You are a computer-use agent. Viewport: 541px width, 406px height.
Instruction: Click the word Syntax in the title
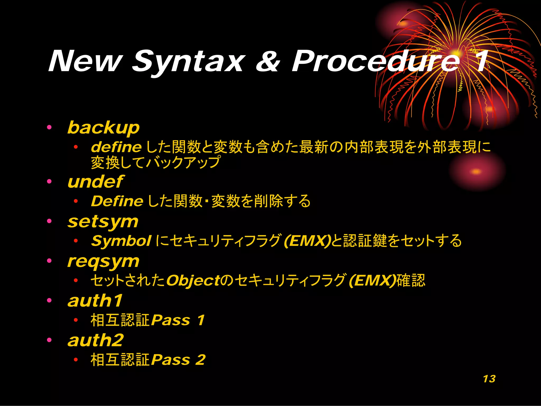(189, 61)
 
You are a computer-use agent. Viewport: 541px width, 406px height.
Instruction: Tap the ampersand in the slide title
(267, 61)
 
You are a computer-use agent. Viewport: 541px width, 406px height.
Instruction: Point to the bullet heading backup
(103, 128)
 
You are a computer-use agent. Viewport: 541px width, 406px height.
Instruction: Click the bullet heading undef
(95, 182)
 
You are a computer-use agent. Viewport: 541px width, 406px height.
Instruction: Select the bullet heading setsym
(103, 222)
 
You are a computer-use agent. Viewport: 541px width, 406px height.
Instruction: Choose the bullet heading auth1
(95, 301)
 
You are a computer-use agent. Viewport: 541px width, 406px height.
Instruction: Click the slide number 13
(489, 379)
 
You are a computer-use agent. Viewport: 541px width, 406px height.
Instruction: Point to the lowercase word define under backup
(116, 147)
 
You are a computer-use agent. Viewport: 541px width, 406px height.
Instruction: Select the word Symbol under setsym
(121, 241)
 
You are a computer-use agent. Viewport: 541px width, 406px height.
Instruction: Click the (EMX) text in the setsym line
(307, 241)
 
